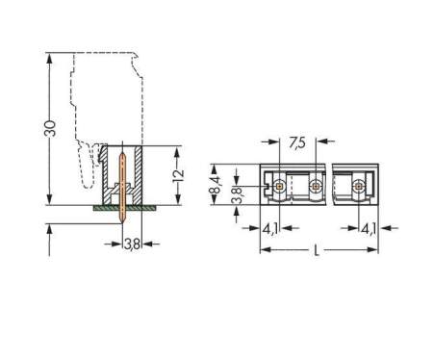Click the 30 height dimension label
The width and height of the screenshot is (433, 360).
pos(50,129)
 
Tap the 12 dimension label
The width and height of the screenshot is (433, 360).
pos(178,175)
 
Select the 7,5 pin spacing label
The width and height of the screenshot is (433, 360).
pos(297,142)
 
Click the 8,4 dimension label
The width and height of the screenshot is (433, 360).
pos(215,186)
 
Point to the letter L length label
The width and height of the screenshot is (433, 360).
pos(317,250)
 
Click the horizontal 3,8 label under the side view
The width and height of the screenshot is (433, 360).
pos(132,244)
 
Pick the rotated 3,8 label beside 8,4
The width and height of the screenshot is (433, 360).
pos(238,196)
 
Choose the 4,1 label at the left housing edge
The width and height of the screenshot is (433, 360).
pos(270,229)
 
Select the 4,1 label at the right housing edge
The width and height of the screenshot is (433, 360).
pos(369,229)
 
